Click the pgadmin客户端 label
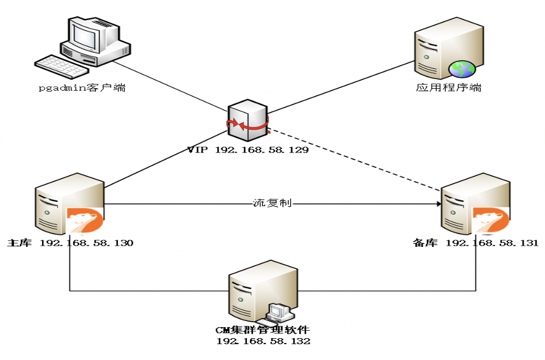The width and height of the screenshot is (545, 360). pyautogui.click(x=82, y=88)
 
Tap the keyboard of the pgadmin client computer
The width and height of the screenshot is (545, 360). pyautogui.click(x=61, y=67)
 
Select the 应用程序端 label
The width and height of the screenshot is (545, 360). pyautogui.click(x=448, y=87)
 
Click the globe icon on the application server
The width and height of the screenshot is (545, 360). pyautogui.click(x=462, y=69)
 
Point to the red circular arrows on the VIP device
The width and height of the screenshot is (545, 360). pyautogui.click(x=248, y=123)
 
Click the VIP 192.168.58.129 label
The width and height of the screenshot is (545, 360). pyautogui.click(x=248, y=150)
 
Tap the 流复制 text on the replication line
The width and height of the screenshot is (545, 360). pyautogui.click(x=272, y=203)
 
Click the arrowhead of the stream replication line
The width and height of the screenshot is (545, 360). pyautogui.click(x=439, y=204)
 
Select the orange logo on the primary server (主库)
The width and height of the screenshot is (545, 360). pyautogui.click(x=85, y=220)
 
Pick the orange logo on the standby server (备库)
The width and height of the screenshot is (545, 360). pyautogui.click(x=491, y=220)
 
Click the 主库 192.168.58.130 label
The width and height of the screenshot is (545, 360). pyautogui.click(x=70, y=243)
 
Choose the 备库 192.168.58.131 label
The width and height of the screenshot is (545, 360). pyautogui.click(x=476, y=243)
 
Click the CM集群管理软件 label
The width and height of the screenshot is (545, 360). pyautogui.click(x=262, y=330)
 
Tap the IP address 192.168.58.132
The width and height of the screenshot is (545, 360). pyautogui.click(x=263, y=341)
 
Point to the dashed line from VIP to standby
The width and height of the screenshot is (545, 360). pyautogui.click(x=355, y=160)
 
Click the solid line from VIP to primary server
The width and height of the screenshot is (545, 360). pyautogui.click(x=166, y=159)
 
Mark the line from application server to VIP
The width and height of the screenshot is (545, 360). pyautogui.click(x=341, y=87)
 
